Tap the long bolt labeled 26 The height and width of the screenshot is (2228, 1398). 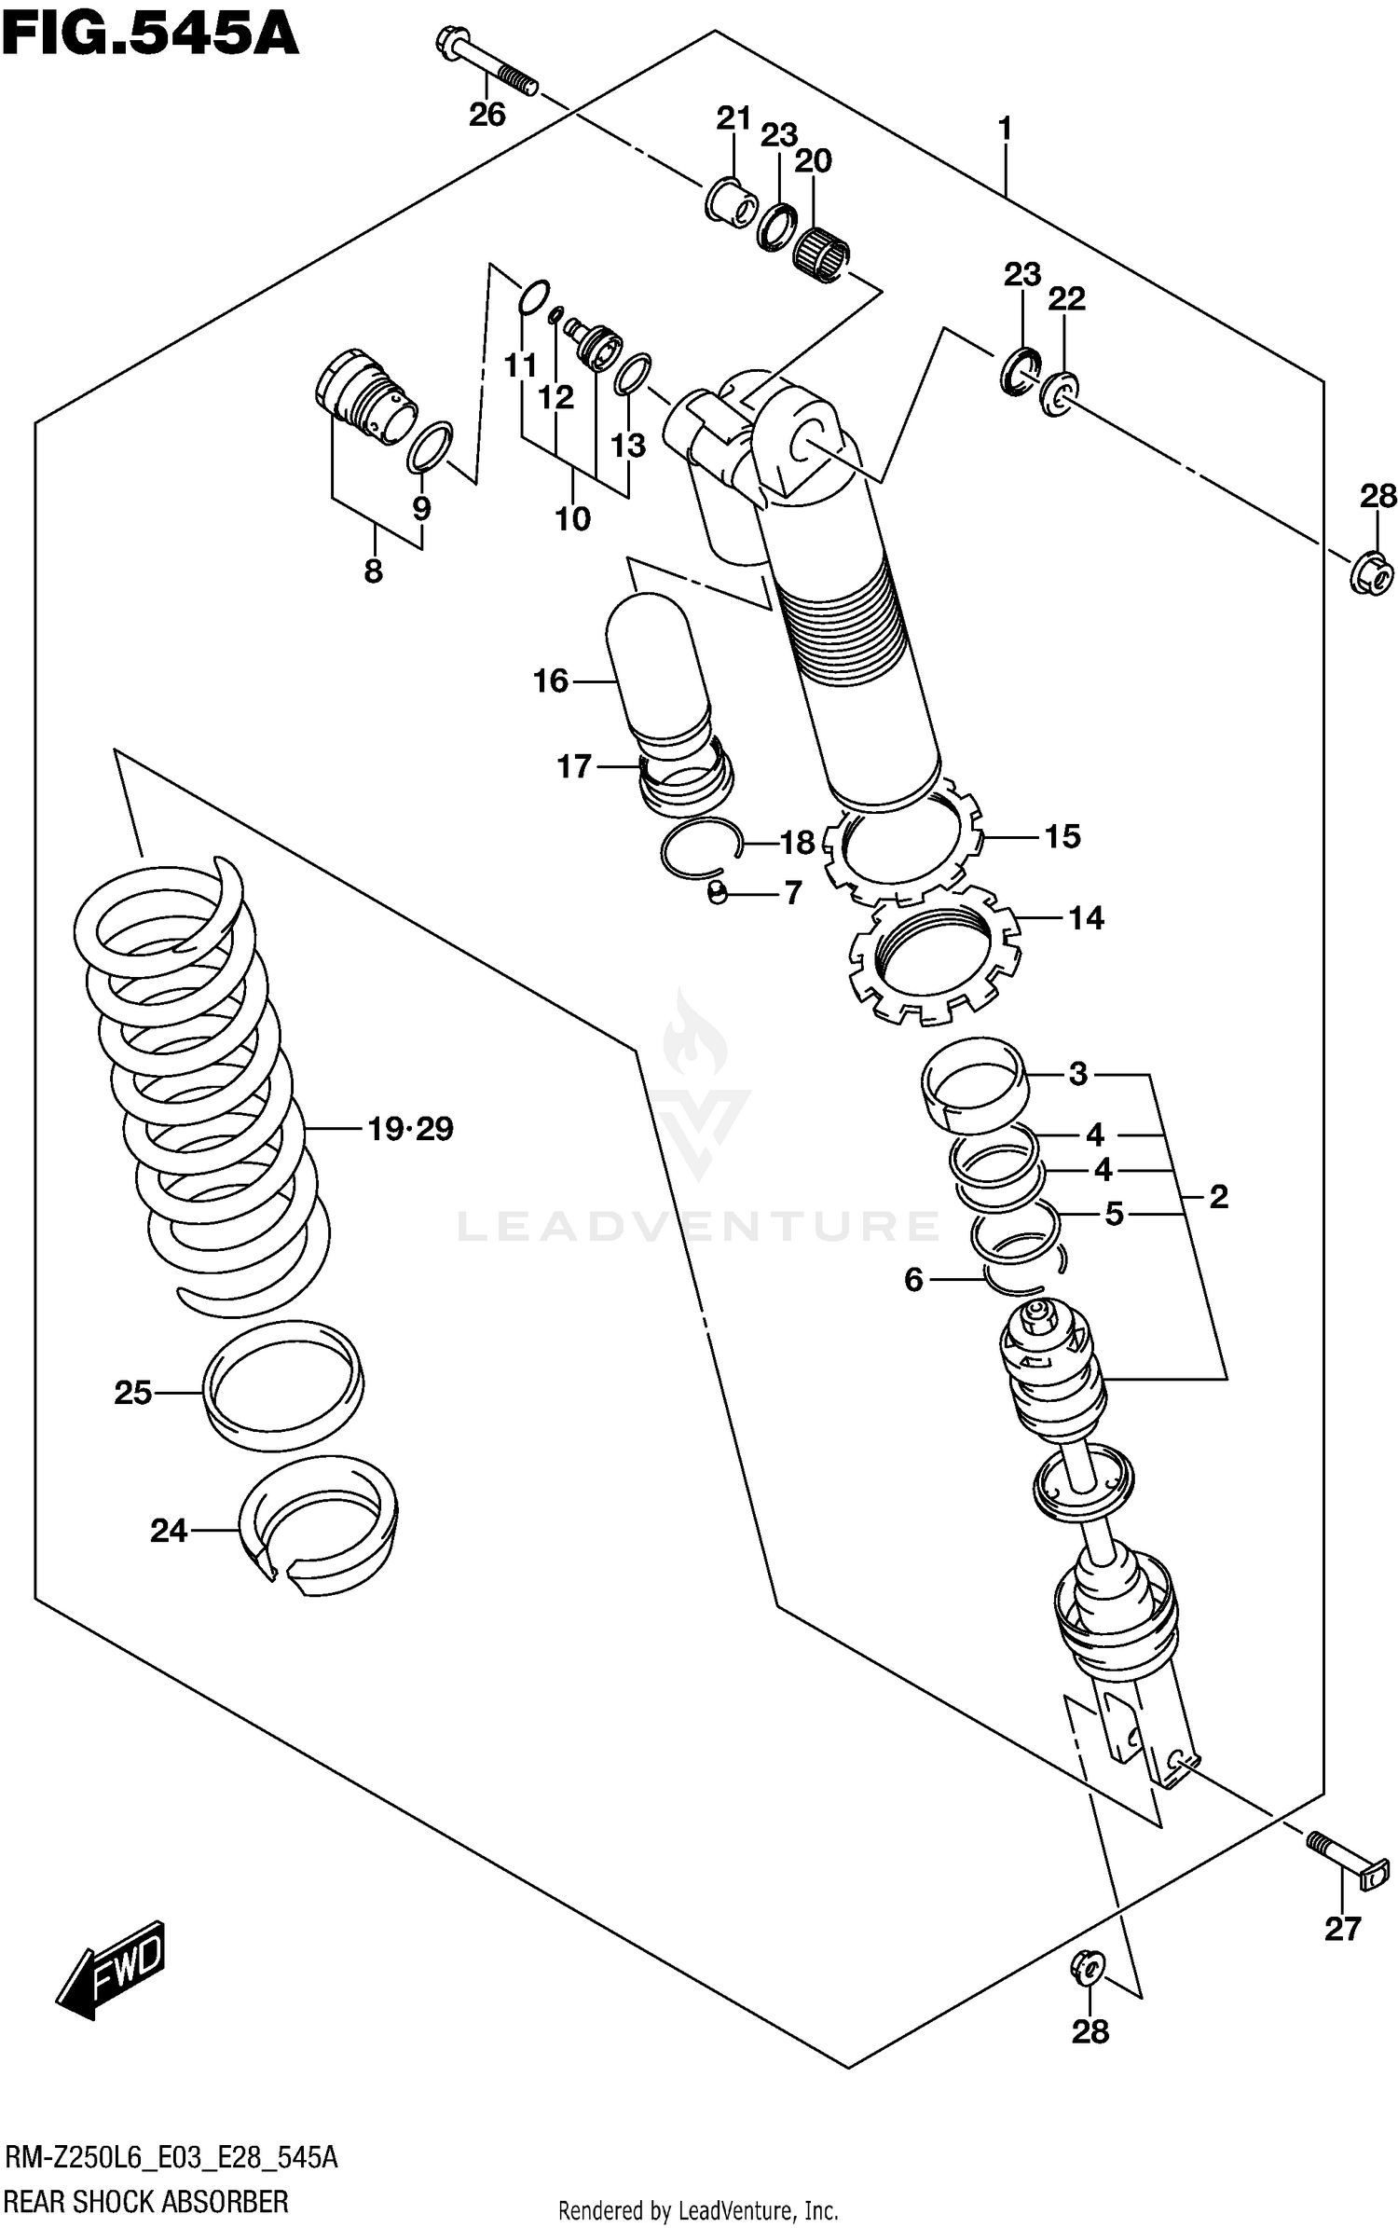pyautogui.click(x=487, y=63)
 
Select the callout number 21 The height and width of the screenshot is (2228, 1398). pyautogui.click(x=733, y=118)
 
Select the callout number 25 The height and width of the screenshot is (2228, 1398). pyautogui.click(x=132, y=1393)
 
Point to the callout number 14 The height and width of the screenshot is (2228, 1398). pyautogui.click(x=1086, y=918)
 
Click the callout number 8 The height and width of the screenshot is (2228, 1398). pyautogui.click(x=373, y=571)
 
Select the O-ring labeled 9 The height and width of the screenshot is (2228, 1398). pyautogui.click(x=430, y=447)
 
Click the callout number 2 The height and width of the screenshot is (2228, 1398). pyautogui.click(x=1218, y=1197)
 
